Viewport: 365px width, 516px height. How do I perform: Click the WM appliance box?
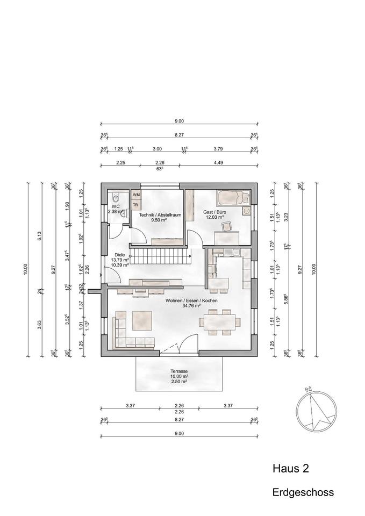click(x=136, y=195)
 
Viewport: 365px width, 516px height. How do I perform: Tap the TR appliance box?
click(x=136, y=205)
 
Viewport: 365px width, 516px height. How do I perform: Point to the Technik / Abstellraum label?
click(x=160, y=215)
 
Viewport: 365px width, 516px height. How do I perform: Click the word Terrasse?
click(x=179, y=371)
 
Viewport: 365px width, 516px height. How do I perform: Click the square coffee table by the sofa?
click(x=143, y=320)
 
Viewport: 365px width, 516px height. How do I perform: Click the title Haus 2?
click(x=290, y=469)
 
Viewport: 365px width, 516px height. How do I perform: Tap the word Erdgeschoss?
click(x=303, y=492)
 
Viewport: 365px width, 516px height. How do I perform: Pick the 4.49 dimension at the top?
click(x=218, y=163)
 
